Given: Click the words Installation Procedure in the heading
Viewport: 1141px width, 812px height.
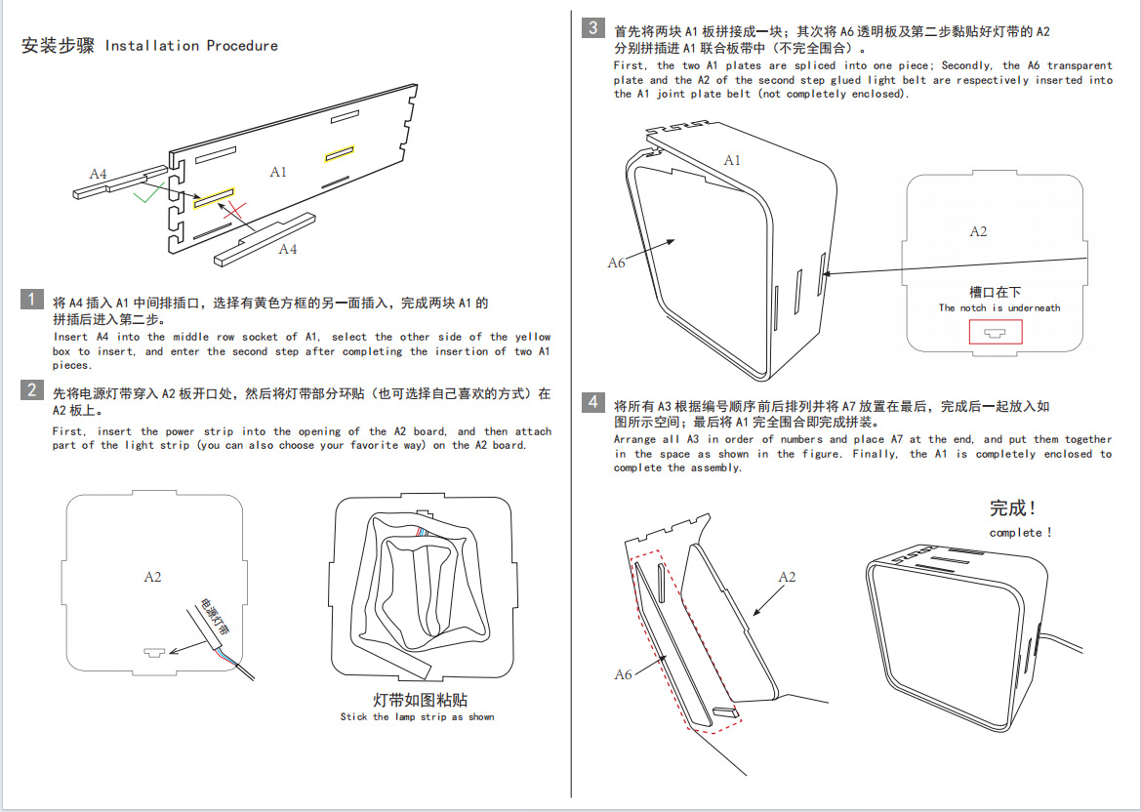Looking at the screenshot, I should (191, 46).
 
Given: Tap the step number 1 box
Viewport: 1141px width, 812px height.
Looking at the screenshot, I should (32, 300).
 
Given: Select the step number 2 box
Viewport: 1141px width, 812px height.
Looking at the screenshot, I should (32, 390).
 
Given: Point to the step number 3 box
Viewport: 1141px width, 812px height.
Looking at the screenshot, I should (593, 27).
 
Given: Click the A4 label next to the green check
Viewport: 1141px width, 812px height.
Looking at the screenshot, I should (99, 174).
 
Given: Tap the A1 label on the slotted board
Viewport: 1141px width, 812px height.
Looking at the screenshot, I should (278, 172).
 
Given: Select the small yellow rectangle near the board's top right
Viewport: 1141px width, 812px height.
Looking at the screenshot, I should (339, 152).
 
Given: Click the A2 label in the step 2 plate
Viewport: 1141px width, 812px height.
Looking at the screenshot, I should (152, 577).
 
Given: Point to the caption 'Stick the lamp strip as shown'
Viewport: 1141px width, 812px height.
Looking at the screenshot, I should (417, 716).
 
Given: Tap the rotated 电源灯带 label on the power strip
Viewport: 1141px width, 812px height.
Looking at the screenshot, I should (215, 617).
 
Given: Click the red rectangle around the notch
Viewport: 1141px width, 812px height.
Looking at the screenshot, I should (996, 332).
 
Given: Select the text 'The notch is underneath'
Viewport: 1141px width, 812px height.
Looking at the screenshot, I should (999, 307).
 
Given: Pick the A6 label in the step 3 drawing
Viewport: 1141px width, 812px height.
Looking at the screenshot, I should (616, 263).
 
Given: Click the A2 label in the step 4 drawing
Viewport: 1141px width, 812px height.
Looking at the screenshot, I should (787, 577).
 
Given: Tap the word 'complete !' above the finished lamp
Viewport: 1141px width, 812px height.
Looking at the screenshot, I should (1021, 533).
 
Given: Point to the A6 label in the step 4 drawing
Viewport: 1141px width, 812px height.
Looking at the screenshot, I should (623, 673).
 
